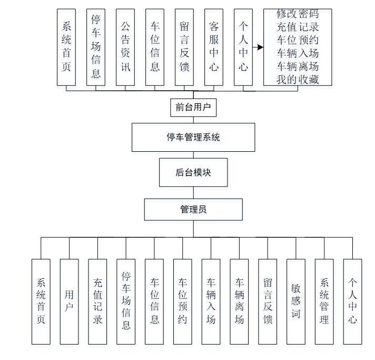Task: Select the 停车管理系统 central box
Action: [193, 138]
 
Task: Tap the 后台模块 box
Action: [193, 172]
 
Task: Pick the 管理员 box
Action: [193, 209]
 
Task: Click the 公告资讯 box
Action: [125, 46]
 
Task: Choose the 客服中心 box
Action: [214, 46]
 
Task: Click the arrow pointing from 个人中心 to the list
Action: [257, 47]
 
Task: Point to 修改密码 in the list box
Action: [298, 14]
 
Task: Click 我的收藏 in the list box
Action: [298, 80]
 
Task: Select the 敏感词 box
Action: [296, 301]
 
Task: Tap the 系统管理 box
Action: [324, 301]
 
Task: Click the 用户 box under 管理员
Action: [70, 301]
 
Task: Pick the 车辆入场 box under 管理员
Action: [211, 301]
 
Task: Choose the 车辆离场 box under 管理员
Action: [239, 301]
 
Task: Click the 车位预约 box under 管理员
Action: [182, 301]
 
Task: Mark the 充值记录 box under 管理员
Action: [97, 301]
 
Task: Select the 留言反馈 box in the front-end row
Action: [184, 46]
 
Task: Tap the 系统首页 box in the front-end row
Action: [66, 46]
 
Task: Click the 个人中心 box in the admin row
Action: [352, 301]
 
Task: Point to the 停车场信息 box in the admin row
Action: [126, 301]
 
